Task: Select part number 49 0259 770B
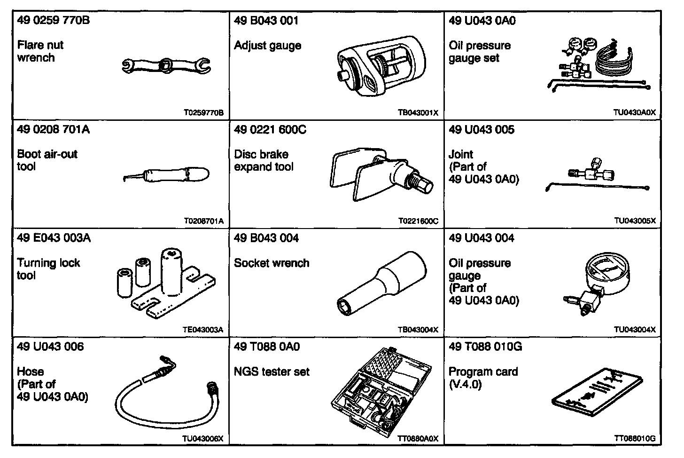tap(53, 21)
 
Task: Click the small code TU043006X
tap(202, 439)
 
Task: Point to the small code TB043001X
tap(418, 113)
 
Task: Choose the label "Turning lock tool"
tap(48, 269)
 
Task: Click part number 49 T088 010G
tap(485, 347)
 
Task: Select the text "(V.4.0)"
tap(465, 384)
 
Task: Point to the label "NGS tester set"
tap(272, 371)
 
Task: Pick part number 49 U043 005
tap(482, 129)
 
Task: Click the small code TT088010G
tap(634, 439)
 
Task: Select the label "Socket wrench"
tap(272, 263)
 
